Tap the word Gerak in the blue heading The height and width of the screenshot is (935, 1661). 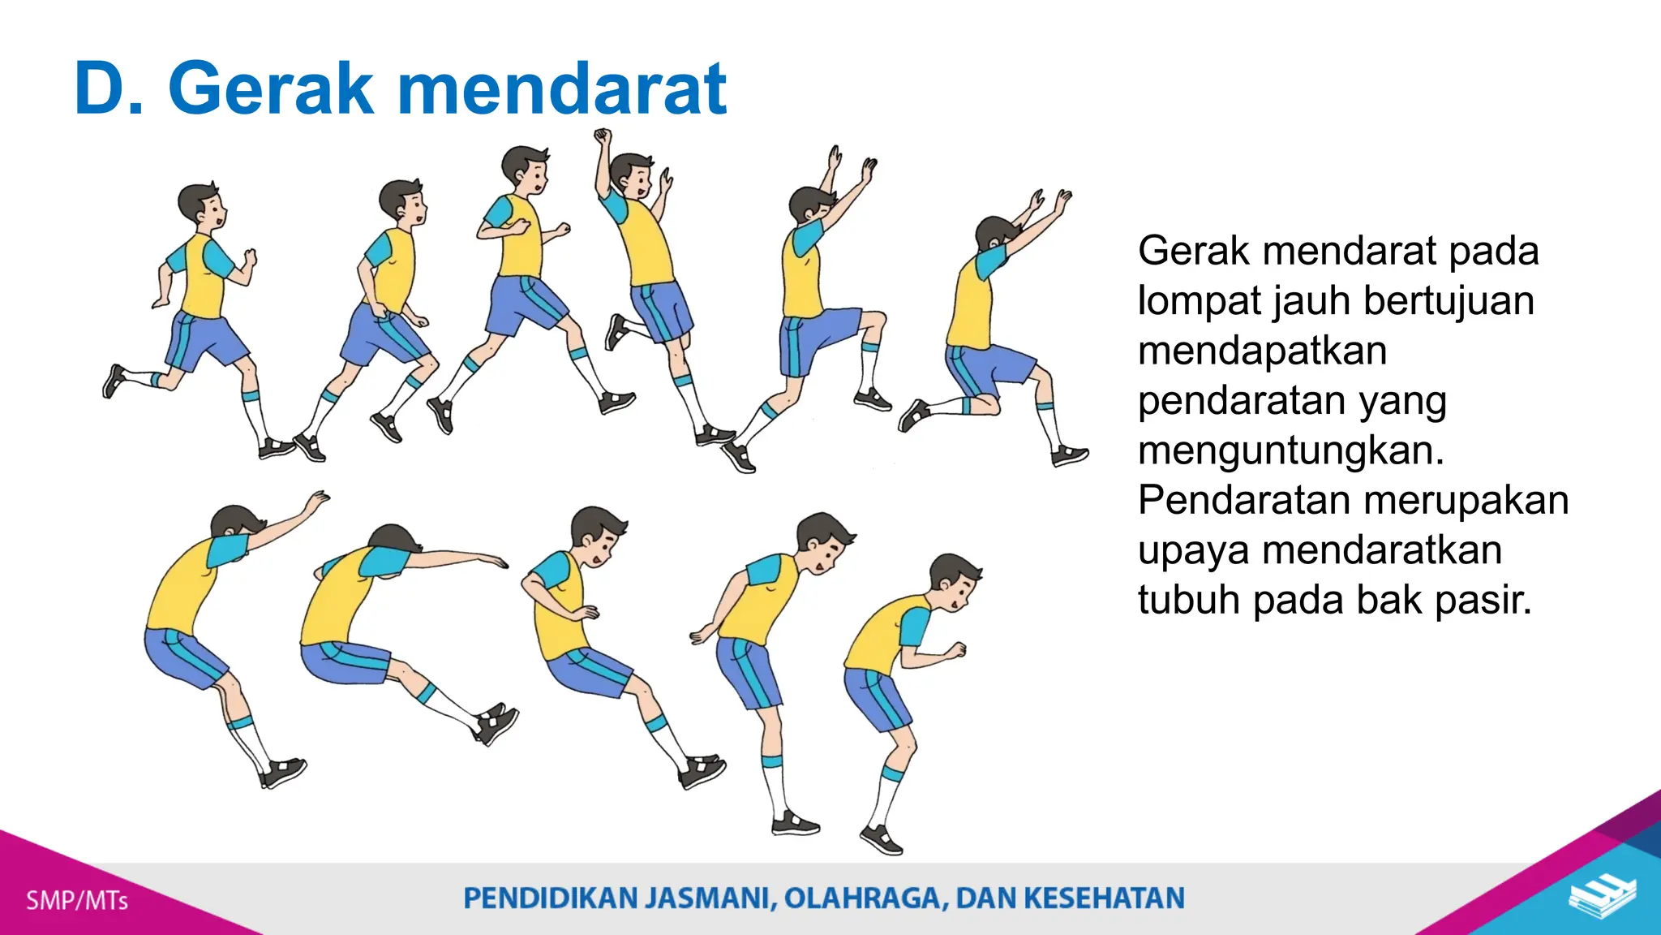point(271,89)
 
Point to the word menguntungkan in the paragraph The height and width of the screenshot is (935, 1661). point(1290,450)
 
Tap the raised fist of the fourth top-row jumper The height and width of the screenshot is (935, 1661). point(603,136)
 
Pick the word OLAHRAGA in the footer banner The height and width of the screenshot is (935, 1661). point(865,898)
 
